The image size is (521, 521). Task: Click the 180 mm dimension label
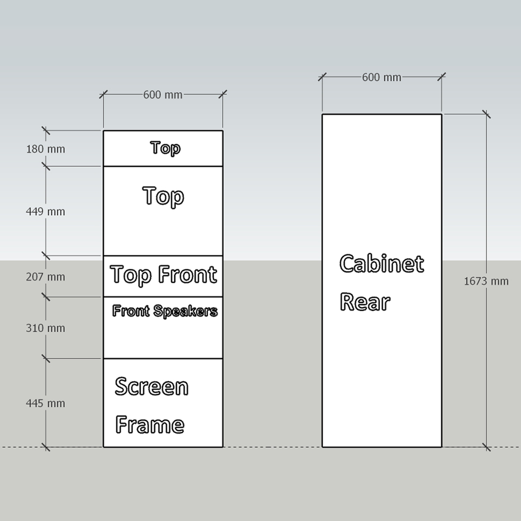coord(46,149)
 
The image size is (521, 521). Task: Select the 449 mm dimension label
coord(46,212)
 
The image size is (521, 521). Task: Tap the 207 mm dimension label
coord(46,277)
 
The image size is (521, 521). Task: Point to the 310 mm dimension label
coord(46,328)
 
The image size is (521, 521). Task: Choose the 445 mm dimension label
coord(46,403)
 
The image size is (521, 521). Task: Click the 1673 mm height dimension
coord(486,282)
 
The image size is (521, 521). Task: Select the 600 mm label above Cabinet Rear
coord(382,77)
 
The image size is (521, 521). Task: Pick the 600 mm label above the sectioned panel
coord(163,94)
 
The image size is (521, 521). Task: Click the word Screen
coord(151,387)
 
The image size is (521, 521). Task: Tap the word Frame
coord(150,425)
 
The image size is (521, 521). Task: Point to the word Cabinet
coord(381,264)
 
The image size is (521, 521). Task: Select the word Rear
coord(365,302)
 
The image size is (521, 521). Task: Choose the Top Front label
coord(163,275)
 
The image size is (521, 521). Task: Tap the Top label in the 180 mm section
coord(166,148)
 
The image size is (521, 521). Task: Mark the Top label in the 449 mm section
coord(163,197)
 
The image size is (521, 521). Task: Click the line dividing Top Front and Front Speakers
coord(163,297)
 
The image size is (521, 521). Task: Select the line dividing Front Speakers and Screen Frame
coord(163,359)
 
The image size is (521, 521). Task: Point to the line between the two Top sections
coord(163,166)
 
